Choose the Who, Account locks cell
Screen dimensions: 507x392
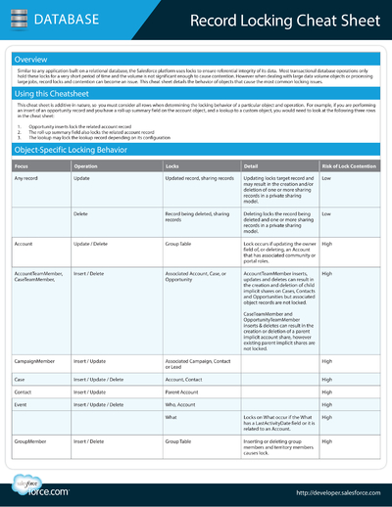coord(182,403)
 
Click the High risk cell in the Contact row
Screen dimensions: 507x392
coord(327,391)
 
